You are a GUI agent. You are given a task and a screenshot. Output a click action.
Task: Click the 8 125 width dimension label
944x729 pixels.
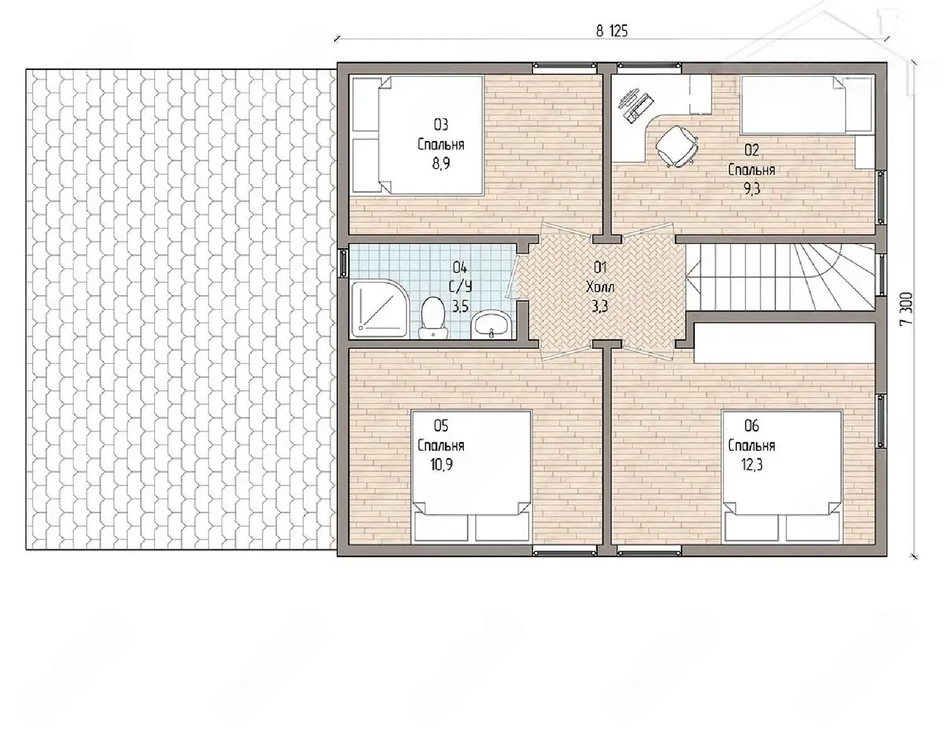[611, 31]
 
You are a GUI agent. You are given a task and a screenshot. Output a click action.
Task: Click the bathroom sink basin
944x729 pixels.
[491, 324]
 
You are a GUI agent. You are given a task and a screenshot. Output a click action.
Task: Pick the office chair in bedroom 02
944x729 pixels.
[676, 145]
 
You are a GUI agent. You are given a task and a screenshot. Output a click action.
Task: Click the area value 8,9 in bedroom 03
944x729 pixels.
[440, 163]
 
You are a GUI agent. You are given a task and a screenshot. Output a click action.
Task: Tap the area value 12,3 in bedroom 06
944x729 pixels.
[752, 465]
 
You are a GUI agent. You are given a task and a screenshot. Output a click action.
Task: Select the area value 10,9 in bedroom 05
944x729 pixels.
[441, 465]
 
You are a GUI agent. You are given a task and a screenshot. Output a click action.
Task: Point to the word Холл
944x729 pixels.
[600, 287]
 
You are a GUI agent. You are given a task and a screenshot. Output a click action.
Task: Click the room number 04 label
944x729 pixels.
[460, 267]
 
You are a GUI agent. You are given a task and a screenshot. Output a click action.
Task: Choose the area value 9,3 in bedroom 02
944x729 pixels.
[752, 189]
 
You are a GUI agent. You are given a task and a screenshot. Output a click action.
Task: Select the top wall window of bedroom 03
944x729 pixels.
[565, 66]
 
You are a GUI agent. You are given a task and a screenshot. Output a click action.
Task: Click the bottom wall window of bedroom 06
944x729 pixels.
[650, 553]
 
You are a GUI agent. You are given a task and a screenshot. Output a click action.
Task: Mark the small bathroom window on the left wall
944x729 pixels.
[343, 263]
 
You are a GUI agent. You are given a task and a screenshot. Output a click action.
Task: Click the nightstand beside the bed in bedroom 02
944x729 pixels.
[864, 151]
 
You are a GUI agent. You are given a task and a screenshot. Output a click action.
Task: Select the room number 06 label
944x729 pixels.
[752, 426]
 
